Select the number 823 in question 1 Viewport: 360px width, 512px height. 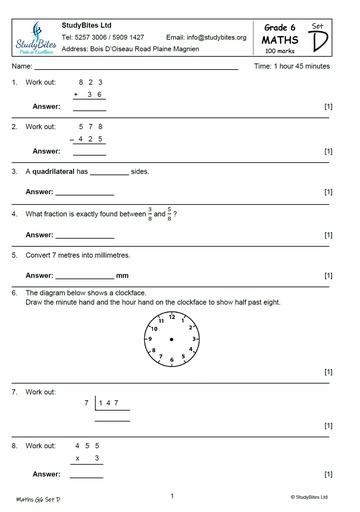click(x=90, y=82)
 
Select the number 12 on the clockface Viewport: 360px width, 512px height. click(x=172, y=317)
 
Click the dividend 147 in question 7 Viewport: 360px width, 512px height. click(x=110, y=403)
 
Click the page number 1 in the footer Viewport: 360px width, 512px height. click(x=172, y=495)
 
